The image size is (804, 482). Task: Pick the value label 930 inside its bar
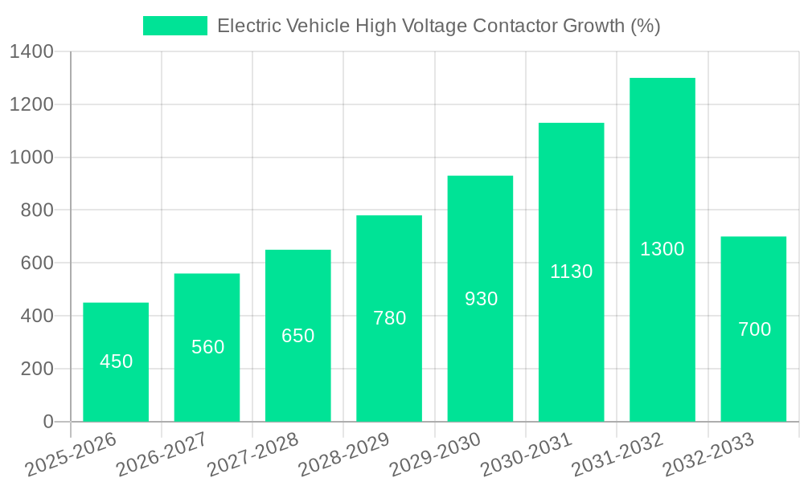tap(482, 299)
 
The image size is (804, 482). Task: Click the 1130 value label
tap(572, 272)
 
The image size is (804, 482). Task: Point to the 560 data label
tap(208, 347)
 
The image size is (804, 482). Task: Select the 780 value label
tap(390, 318)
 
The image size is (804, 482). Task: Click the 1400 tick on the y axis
tap(31, 52)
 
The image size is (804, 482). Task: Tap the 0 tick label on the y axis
tap(48, 422)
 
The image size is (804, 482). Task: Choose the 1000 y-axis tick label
tap(31, 157)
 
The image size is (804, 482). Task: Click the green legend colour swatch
tap(174, 26)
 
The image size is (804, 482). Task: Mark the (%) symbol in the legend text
tap(645, 26)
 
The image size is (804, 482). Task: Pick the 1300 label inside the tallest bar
tap(662, 249)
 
